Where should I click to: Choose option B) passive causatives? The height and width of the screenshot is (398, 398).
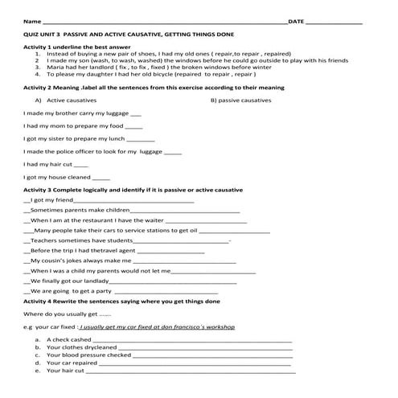pyautogui.click(x=246, y=101)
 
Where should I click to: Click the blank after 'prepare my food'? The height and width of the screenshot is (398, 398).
pyautogui.click(x=134, y=126)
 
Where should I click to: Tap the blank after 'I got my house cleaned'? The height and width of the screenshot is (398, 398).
pyautogui.click(x=101, y=177)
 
